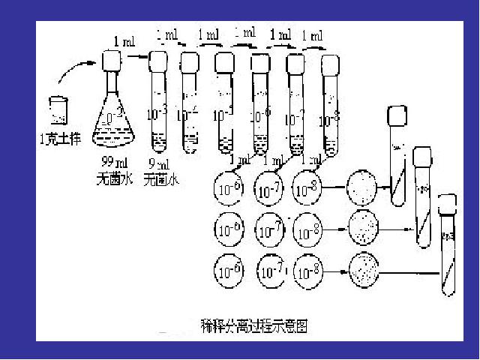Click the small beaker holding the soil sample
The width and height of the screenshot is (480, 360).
[58, 109]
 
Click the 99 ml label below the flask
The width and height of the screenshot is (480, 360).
[111, 163]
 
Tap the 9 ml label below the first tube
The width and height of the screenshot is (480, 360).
[158, 163]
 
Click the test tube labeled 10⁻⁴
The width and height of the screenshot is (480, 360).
[189, 105]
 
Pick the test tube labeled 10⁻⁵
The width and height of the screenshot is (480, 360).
[223, 105]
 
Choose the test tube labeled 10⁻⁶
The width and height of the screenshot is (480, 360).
[259, 105]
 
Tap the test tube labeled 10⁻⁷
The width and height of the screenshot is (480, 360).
[295, 105]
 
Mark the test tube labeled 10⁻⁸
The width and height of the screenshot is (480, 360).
[329, 105]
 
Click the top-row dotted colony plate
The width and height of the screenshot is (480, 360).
[363, 187]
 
